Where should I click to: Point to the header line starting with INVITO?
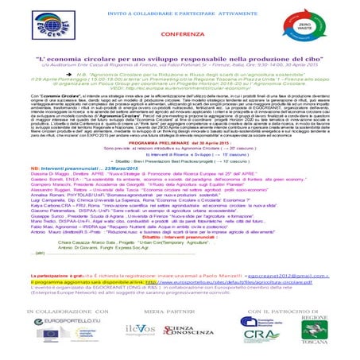tap(180, 8)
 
